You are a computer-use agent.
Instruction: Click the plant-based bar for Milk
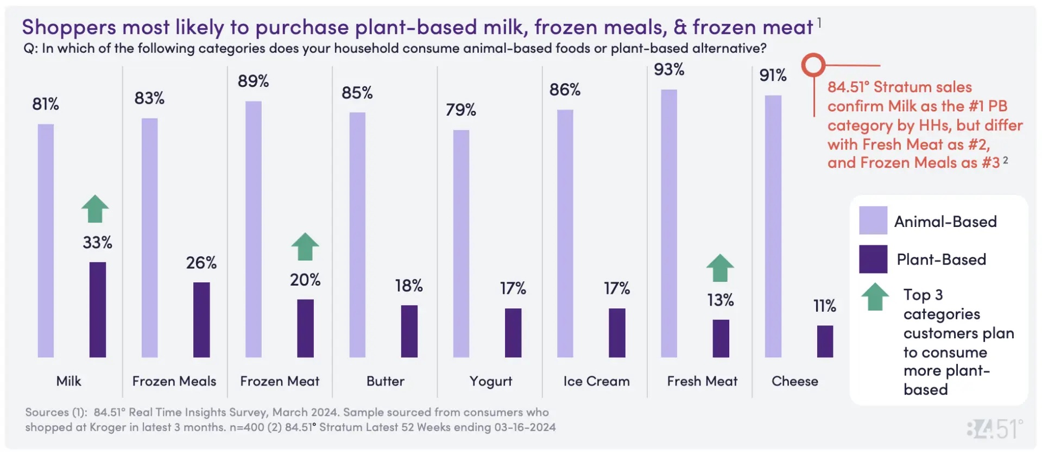(x=98, y=309)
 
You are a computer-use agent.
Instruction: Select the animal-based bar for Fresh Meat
(x=669, y=223)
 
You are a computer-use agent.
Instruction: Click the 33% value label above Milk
(x=98, y=242)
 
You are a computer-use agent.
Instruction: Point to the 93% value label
(x=669, y=69)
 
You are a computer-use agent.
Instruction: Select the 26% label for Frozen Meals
(x=201, y=263)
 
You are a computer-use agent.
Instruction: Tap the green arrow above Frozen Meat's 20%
(x=305, y=247)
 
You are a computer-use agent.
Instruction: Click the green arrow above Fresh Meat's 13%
(x=720, y=268)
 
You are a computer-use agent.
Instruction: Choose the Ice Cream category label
(x=596, y=381)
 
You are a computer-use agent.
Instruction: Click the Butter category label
(x=386, y=381)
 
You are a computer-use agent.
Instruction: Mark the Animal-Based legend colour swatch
(x=873, y=220)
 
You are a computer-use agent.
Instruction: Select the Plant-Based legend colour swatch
(x=873, y=259)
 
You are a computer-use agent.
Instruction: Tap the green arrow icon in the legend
(x=875, y=297)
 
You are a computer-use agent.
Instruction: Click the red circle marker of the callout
(x=813, y=65)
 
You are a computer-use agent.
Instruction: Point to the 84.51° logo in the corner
(x=995, y=429)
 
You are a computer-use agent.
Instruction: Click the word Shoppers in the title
(x=69, y=27)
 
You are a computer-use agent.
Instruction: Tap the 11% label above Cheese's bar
(x=824, y=306)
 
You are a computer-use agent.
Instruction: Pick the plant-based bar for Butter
(x=409, y=331)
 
